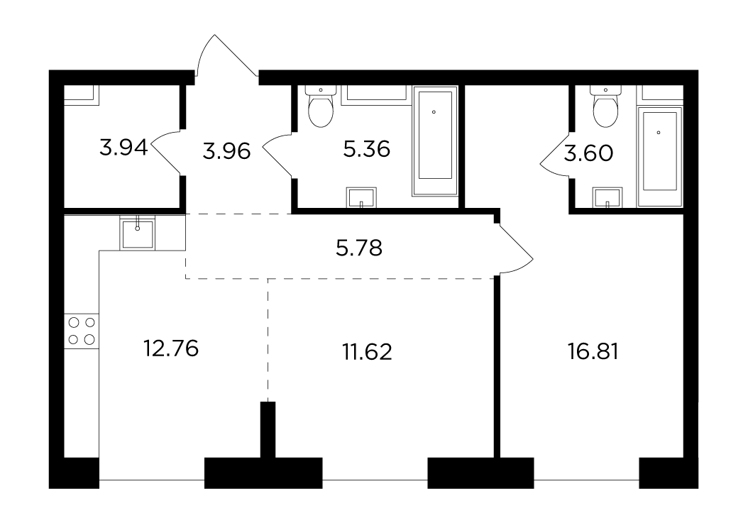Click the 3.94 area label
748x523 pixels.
coord(123,148)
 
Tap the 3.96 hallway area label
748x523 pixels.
coord(226,151)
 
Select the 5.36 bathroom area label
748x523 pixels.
coord(367,149)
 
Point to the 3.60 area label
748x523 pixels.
coord(588,154)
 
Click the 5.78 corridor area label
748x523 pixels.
coord(359,248)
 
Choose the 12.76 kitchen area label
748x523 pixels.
coord(171,349)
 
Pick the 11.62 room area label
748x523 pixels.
coord(368,352)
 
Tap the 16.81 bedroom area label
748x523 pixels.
coord(593,352)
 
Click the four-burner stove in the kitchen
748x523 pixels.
coord(82,331)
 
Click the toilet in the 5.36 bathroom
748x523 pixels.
coord(321,106)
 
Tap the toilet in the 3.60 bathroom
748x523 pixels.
coord(605,106)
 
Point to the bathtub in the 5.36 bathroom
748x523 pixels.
coord(434,141)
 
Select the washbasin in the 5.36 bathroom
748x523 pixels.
coord(361,197)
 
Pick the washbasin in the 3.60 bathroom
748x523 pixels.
coord(607,197)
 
